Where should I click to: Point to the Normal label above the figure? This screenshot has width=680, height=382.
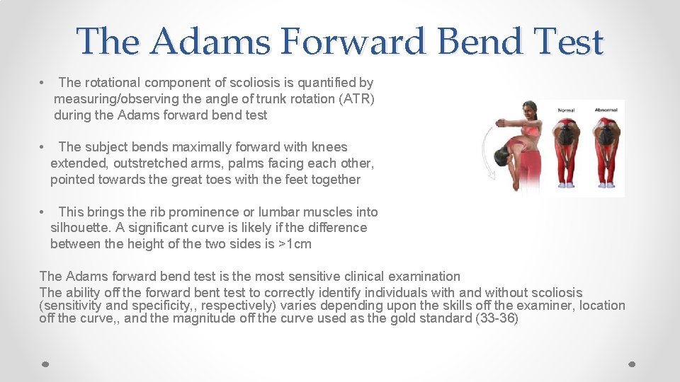[566, 110]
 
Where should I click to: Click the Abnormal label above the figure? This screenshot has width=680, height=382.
[606, 110]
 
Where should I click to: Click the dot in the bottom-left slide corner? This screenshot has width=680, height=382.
[45, 363]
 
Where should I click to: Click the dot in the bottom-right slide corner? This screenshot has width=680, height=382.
[633, 363]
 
